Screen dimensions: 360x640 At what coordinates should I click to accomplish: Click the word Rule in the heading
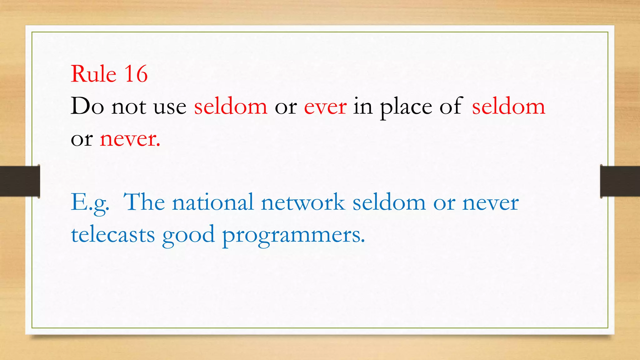(93, 74)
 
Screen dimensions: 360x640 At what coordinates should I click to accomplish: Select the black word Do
(87, 106)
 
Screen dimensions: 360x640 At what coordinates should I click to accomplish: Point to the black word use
(170, 107)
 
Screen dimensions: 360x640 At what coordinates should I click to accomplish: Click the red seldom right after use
(231, 106)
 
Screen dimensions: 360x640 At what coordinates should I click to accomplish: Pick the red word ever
(325, 107)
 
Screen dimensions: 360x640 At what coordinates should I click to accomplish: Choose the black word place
(406, 107)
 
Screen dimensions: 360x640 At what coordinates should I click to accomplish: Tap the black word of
(451, 106)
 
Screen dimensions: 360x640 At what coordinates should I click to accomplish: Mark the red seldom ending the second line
(508, 106)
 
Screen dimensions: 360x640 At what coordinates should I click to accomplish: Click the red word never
(130, 139)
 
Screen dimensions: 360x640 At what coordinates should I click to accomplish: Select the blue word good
(188, 235)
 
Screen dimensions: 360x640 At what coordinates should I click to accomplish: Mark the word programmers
(293, 235)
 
